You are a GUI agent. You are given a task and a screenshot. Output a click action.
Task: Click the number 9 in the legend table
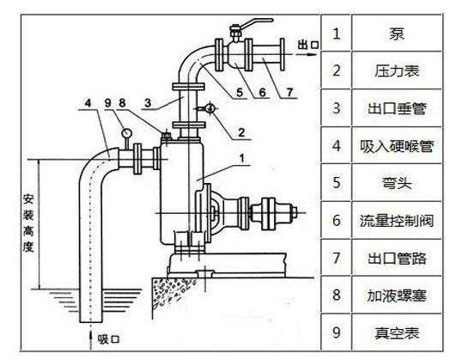pyautogui.click(x=337, y=330)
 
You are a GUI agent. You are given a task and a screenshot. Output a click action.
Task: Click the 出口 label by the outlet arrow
pyautogui.click(x=307, y=41)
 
